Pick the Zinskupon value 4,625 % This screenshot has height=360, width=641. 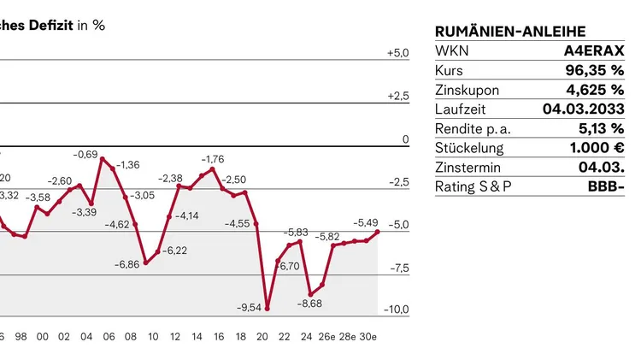(595, 90)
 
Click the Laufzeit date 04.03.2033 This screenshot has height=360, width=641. (583, 109)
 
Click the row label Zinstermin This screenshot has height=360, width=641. (468, 168)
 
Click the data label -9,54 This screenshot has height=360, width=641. (249, 307)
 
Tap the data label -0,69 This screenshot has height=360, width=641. (85, 155)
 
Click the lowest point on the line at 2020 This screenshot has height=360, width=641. (267, 308)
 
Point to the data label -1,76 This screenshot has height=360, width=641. (213, 159)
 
